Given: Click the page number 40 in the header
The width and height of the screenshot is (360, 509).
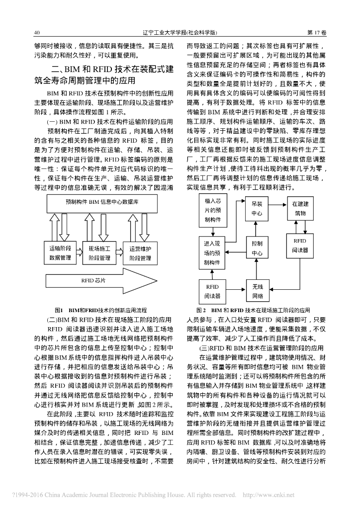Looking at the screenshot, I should pos(37,33).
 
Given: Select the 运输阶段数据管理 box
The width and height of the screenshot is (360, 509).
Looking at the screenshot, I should pos(62,253).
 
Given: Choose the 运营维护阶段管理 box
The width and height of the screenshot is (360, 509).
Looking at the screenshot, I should pos(140,253).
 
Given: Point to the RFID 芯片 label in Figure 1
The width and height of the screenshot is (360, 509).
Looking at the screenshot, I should pos(94,280).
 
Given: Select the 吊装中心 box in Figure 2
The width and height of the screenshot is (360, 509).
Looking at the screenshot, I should pos(257,209).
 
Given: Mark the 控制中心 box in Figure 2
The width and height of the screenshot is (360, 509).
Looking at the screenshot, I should pos(257,249).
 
